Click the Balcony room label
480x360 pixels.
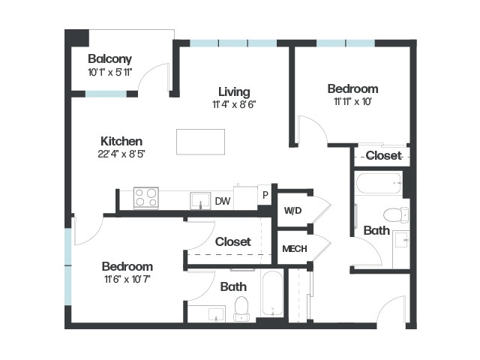109,58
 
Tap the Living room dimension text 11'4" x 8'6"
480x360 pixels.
234,105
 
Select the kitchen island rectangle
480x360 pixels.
200,142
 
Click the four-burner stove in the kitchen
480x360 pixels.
146,198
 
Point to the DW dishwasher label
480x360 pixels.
223,201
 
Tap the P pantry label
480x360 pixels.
265,195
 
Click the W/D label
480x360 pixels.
292,211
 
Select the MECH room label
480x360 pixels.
295,249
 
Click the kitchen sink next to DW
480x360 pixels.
200,201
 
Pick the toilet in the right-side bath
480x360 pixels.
396,215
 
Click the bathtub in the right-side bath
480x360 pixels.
379,183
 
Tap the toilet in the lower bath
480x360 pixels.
241,308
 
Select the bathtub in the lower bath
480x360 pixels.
272,293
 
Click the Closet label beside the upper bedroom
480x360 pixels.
383,155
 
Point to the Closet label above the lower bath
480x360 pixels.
233,241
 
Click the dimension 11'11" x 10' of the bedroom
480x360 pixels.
352,102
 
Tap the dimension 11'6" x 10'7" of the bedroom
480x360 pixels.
127,280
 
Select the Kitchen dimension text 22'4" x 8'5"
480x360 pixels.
121,154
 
